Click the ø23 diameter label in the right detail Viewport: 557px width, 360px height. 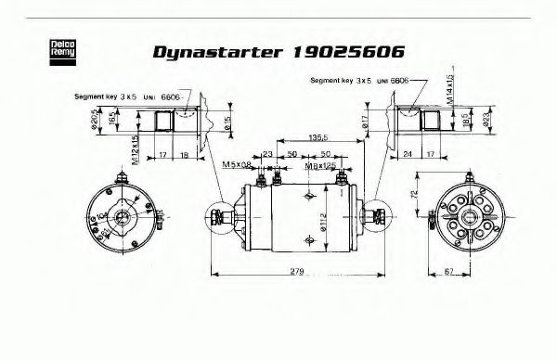[472, 119]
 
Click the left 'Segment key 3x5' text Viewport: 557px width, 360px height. [106, 96]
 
